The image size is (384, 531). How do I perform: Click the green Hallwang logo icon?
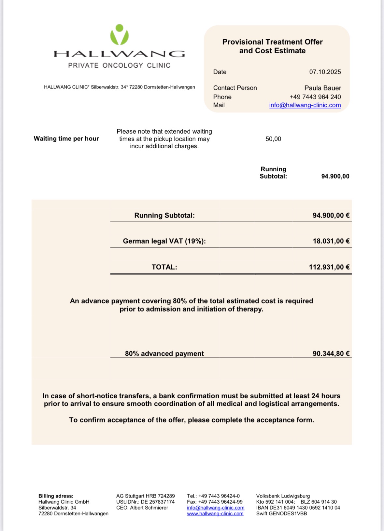120,35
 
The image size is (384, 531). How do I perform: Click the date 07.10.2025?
325,72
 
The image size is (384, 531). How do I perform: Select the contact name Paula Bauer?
322,88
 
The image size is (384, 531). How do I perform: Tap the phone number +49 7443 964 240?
315,97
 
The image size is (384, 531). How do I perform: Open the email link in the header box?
305,105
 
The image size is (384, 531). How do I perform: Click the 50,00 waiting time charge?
273,139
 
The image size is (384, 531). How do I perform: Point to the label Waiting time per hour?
66,139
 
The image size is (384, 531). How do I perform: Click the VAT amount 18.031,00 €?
331,241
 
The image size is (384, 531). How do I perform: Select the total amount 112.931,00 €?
329,267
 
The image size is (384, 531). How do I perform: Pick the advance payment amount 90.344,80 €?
331,353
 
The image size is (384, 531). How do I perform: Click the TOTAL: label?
164,267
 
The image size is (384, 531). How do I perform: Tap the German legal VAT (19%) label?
164,241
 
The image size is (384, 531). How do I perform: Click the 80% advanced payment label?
164,353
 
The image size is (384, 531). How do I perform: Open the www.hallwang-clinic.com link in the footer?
215,513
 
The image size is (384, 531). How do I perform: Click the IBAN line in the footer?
298,508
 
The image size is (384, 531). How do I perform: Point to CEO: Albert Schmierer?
142,508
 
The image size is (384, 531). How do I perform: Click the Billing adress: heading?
56,496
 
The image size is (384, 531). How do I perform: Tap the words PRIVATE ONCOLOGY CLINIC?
119,65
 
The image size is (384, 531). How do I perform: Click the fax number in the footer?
215,502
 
